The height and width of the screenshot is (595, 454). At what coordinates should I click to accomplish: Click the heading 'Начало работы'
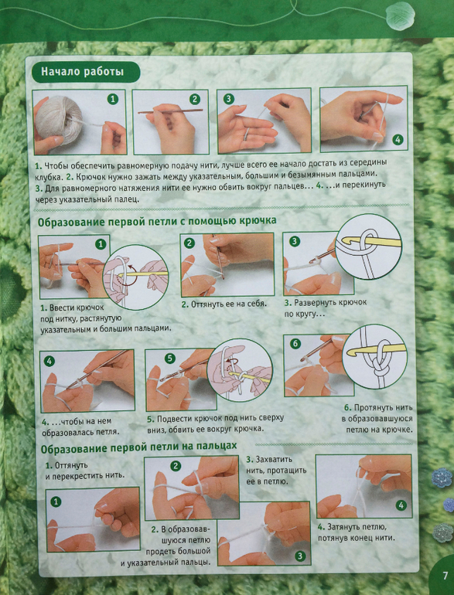click(x=83, y=71)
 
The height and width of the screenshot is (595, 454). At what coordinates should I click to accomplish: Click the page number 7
click(x=445, y=576)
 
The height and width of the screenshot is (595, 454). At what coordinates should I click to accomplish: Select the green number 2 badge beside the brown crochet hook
click(x=195, y=100)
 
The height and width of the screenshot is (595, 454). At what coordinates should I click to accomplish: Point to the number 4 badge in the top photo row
click(x=398, y=140)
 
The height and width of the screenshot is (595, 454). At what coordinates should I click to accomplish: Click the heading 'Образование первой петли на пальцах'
click(x=138, y=447)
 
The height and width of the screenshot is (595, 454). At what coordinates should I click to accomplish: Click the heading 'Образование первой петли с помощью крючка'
click(x=157, y=221)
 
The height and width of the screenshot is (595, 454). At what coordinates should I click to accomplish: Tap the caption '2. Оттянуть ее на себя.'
click(x=224, y=304)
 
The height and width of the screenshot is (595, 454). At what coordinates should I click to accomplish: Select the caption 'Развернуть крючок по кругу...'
click(x=325, y=308)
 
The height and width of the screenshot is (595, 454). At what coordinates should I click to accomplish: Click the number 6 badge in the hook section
click(x=295, y=344)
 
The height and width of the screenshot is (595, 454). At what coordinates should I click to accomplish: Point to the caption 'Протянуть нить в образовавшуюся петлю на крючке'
click(x=378, y=419)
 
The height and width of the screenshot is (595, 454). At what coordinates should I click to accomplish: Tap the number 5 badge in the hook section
click(x=170, y=359)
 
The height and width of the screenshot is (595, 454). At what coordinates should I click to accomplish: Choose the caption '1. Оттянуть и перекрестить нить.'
click(x=85, y=470)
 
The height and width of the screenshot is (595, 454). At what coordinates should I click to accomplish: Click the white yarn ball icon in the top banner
click(x=400, y=15)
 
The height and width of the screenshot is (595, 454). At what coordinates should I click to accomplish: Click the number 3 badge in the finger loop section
click(x=300, y=556)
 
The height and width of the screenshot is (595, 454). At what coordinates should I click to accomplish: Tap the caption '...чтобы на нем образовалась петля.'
click(x=80, y=427)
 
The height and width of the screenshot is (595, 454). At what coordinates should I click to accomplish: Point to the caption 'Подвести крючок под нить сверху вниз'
click(x=216, y=423)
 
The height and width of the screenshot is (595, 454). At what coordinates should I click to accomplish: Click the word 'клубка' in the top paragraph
click(x=48, y=177)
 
